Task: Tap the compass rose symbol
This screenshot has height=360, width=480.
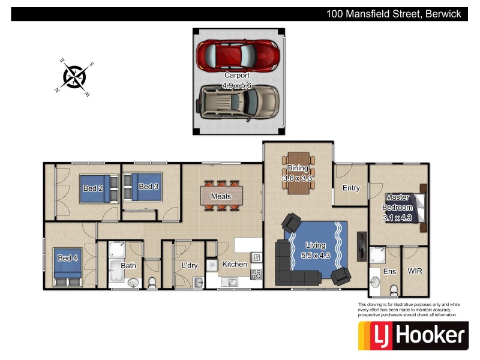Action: (x=75, y=76)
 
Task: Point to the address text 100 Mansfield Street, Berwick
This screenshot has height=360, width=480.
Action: (x=394, y=14)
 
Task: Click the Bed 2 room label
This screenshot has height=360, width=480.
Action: (x=93, y=188)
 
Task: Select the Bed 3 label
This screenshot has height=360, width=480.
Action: (x=148, y=187)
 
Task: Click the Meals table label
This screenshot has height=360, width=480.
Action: (x=221, y=196)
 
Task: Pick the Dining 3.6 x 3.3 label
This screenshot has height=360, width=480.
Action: (x=298, y=173)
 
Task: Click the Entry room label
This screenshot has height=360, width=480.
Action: (x=351, y=188)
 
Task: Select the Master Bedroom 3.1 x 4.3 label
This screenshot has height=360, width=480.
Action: (x=397, y=207)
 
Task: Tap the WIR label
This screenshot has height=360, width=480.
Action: (x=415, y=271)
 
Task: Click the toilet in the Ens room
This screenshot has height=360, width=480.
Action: (x=394, y=290)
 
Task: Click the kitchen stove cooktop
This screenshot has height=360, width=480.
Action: (x=256, y=275)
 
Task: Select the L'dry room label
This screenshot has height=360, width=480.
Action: (x=190, y=265)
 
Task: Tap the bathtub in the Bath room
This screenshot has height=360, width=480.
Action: (x=116, y=272)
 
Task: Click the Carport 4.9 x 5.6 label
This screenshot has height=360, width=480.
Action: (x=237, y=80)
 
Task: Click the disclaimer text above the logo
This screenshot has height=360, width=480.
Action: (x=407, y=310)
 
